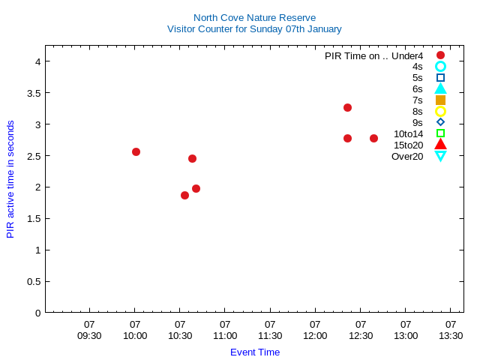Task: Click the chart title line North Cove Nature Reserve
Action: pyautogui.click(x=254, y=17)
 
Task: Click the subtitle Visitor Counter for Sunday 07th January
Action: pyautogui.click(x=254, y=28)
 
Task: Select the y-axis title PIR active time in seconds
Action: pyautogui.click(x=10, y=179)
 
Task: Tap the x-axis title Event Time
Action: pyautogui.click(x=255, y=352)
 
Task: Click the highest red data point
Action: pyautogui.click(x=347, y=107)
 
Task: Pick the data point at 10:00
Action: pyautogui.click(x=136, y=151)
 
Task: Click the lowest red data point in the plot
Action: pyautogui.click(x=184, y=195)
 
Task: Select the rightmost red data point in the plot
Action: pyautogui.click(x=373, y=138)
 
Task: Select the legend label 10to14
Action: pyautogui.click(x=408, y=133)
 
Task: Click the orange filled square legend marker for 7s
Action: pyautogui.click(x=440, y=100)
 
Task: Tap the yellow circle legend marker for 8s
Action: pyautogui.click(x=440, y=111)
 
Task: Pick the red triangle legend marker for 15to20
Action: pyautogui.click(x=440, y=145)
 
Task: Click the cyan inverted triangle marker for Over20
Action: pyautogui.click(x=440, y=156)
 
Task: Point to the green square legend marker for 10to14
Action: pyautogui.click(x=440, y=133)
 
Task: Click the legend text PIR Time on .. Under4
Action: pyautogui.click(x=373, y=55)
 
